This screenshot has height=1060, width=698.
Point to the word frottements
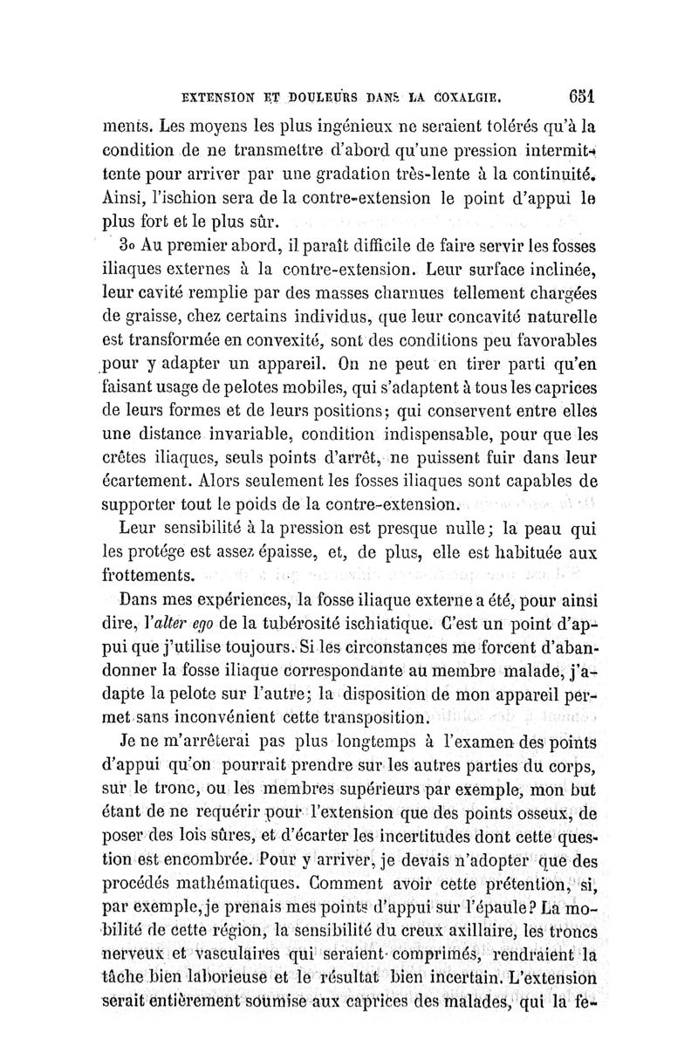pyautogui.click(x=148, y=576)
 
